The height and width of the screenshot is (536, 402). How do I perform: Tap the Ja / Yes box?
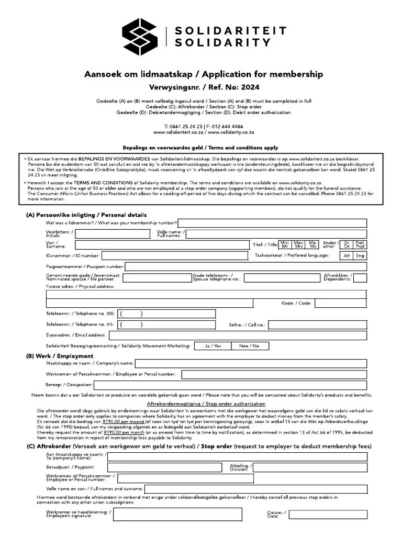click(x=213, y=346)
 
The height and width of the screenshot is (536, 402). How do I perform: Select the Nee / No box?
click(x=249, y=346)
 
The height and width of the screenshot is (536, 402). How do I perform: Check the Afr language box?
click(x=346, y=255)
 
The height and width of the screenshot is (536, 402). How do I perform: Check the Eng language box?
click(x=360, y=255)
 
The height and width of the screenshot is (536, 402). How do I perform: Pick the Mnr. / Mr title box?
click(x=285, y=244)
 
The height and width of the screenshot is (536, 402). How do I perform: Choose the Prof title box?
click(x=360, y=244)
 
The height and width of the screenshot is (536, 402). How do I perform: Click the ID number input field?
click(x=174, y=255)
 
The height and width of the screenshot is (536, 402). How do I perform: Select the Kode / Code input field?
click(x=340, y=303)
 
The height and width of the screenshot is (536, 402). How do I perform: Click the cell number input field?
click(x=317, y=325)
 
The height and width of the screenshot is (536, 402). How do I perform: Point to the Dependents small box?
click(x=360, y=278)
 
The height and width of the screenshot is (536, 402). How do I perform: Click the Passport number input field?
click(x=245, y=267)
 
